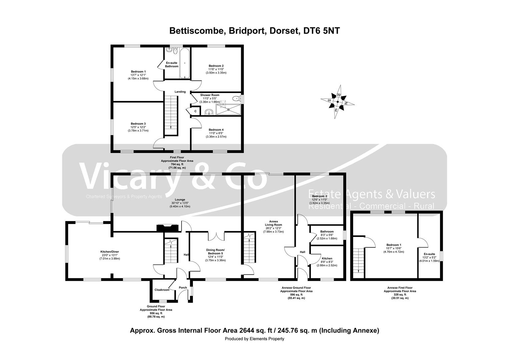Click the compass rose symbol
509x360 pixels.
(x=338, y=102)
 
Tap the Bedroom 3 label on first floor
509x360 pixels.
(x=138, y=124)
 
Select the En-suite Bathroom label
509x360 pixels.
(x=172, y=64)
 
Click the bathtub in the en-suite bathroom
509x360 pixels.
(x=185, y=63)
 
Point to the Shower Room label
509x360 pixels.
(x=210, y=95)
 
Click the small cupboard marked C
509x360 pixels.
(x=195, y=111)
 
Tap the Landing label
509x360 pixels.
(x=180, y=92)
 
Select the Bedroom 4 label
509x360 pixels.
(x=216, y=130)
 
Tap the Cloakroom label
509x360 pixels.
(x=162, y=290)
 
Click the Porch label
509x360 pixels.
(x=183, y=288)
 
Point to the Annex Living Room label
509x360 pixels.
(x=273, y=223)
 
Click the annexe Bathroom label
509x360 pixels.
(x=327, y=231)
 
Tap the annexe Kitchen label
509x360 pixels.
(x=327, y=258)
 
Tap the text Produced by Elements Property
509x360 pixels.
(x=254, y=339)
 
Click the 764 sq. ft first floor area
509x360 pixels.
(x=177, y=164)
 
